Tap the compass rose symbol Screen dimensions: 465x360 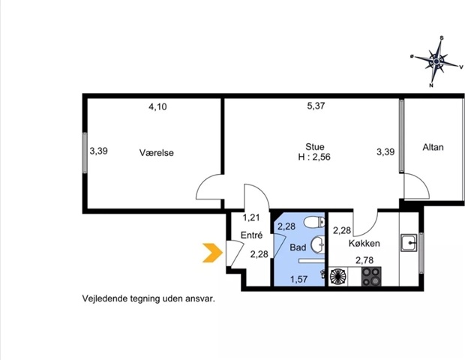436,61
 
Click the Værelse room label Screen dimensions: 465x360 157,153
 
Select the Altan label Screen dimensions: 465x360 433,147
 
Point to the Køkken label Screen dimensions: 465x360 364,243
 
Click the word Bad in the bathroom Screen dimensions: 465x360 298,247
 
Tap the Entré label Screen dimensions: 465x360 251,235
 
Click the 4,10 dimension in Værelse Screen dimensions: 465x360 157,106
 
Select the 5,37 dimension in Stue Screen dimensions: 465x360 316,106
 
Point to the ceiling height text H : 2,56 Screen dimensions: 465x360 314,157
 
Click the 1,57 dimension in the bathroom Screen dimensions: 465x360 298,279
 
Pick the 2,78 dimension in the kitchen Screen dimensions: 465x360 364,260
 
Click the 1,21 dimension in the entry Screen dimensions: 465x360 251,217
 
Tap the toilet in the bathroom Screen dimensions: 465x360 315,222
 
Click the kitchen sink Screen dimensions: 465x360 409,242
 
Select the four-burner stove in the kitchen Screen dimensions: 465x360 371,277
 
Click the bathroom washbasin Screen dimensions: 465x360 317,245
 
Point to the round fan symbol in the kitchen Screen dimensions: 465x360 338,277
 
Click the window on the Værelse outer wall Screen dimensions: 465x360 85,153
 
